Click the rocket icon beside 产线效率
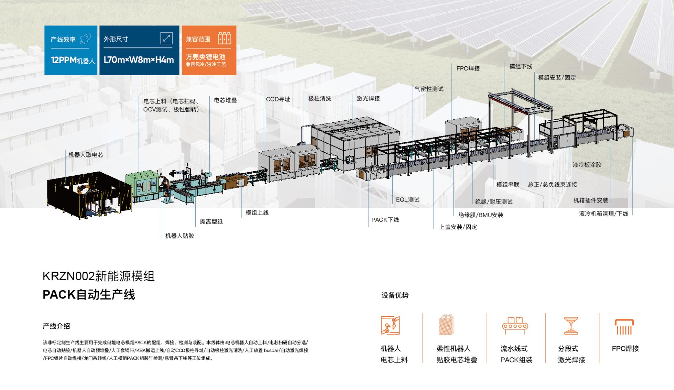point(85,39)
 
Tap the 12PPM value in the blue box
point(64,60)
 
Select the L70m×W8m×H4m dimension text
point(139,60)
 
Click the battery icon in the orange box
point(224,39)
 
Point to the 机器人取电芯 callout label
point(86,155)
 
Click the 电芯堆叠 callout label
point(225,100)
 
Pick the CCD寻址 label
point(278,99)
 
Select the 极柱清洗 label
point(320,98)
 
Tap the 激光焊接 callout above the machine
point(368,98)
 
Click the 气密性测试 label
point(429,89)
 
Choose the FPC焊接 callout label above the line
point(468,68)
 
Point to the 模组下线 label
point(521,66)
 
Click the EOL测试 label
point(408,200)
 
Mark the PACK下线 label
point(385,220)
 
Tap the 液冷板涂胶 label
point(587,165)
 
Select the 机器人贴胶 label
point(179,236)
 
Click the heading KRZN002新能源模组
point(99,276)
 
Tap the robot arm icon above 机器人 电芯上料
point(390,325)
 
